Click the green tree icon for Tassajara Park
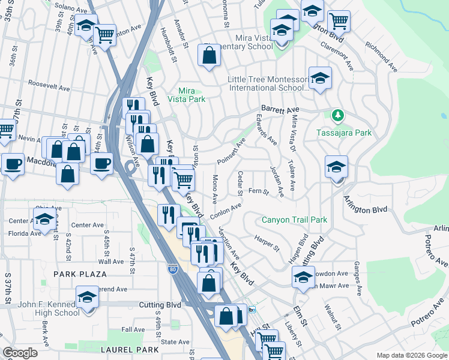point(338,115)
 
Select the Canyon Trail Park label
point(295,220)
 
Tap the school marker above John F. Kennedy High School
point(87,298)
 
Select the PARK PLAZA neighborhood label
point(80,274)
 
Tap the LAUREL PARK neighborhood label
point(130,350)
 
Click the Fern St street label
point(258,192)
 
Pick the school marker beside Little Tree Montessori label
point(320,77)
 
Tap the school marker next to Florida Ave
point(44,220)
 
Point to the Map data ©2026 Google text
point(411,355)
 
